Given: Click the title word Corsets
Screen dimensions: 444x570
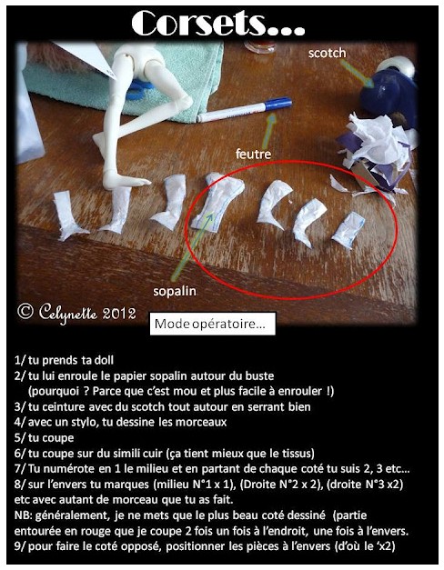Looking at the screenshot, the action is tap(218, 24).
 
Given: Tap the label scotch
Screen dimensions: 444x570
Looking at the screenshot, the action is tap(327, 53).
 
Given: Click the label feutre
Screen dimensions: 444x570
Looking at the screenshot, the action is tap(253, 155).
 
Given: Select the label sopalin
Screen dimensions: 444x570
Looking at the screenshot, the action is tap(175, 291).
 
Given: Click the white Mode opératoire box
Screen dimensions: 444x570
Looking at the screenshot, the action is tap(213, 324).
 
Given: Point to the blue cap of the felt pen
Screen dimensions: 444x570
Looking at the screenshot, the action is tap(278, 104).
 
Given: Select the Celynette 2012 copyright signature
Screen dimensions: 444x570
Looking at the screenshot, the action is tap(77, 312).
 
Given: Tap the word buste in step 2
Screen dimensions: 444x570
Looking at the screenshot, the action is tap(259, 375).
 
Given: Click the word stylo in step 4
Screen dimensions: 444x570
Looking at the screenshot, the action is tap(86, 423).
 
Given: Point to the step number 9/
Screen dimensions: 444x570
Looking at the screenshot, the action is tap(20, 546).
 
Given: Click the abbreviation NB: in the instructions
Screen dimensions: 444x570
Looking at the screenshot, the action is tap(24, 515).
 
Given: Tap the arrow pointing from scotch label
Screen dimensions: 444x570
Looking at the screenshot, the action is tap(358, 74).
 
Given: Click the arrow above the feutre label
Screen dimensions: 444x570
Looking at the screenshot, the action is tap(269, 130).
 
